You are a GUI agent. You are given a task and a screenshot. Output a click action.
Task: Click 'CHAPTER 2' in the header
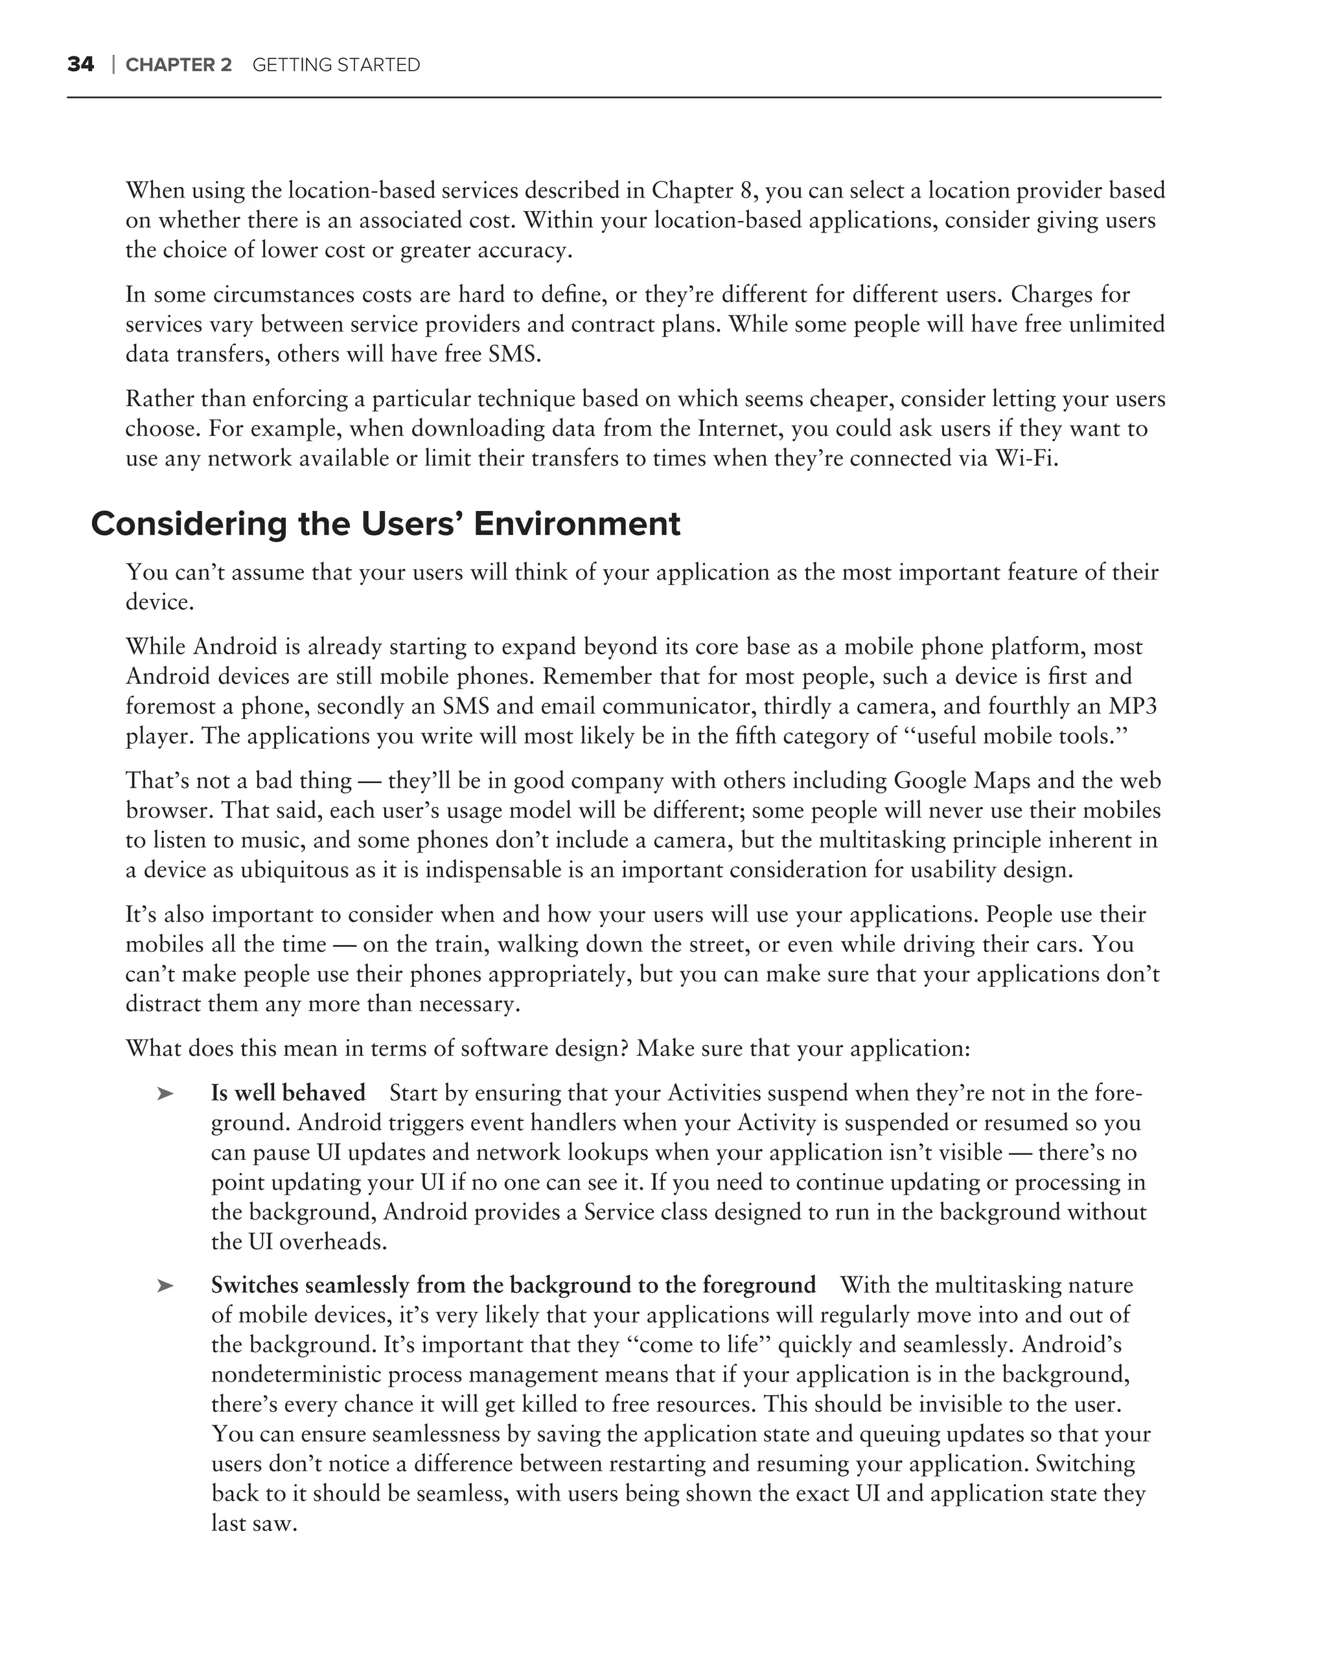pyautogui.click(x=178, y=65)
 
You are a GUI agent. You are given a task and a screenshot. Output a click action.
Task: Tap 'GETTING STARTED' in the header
pyautogui.click(x=336, y=65)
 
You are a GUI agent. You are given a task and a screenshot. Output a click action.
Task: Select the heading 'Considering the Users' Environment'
pyautogui.click(x=386, y=525)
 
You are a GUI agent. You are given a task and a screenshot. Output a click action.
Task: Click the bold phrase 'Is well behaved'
pyautogui.click(x=288, y=1093)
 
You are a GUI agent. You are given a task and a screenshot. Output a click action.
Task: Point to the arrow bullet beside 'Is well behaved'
pyautogui.click(x=165, y=1093)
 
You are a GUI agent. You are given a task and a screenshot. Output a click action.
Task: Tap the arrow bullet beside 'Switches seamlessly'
pyautogui.click(x=165, y=1286)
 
